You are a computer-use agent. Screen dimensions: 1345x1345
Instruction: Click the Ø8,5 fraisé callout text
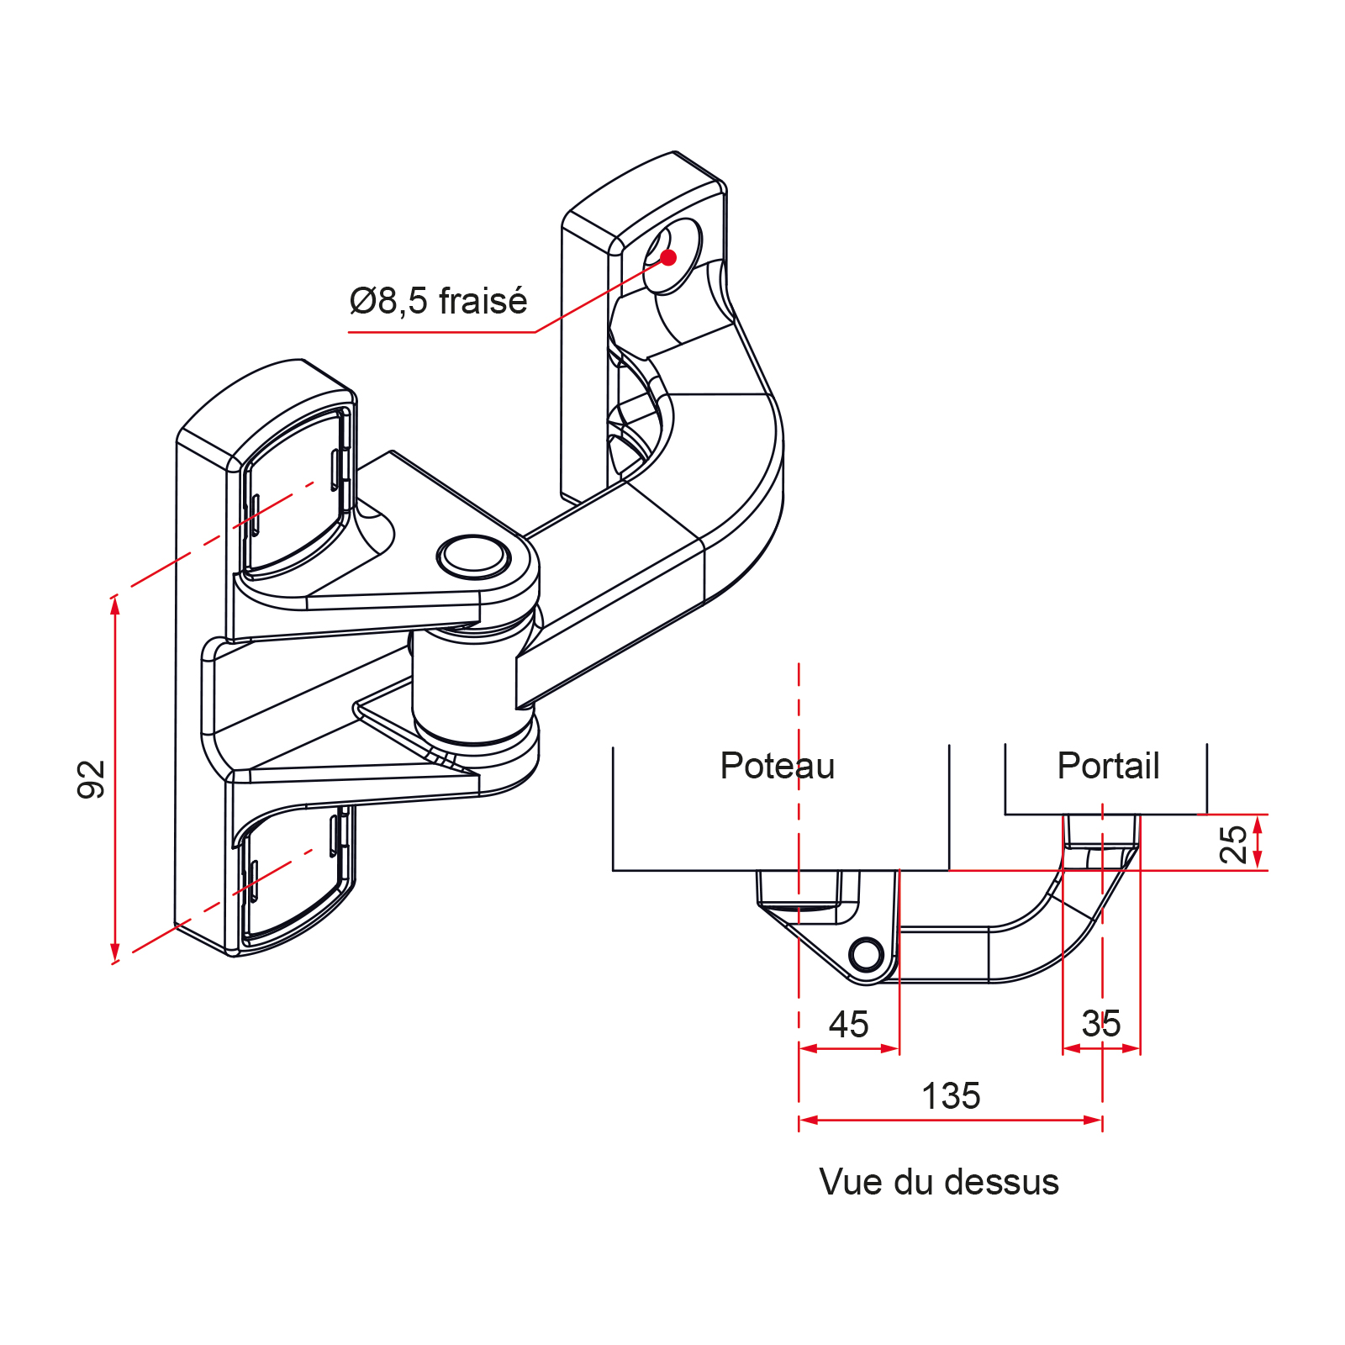tap(438, 301)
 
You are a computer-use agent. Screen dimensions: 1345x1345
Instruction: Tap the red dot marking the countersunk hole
tap(668, 257)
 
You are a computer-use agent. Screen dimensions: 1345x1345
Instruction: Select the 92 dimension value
tap(92, 778)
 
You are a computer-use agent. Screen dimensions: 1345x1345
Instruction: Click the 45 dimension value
tap(848, 1025)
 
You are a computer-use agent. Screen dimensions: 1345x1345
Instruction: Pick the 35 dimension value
tap(1101, 1024)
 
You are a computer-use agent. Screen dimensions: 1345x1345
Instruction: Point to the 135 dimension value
tap(951, 1096)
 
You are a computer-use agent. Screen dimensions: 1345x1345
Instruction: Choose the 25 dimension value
tap(1234, 844)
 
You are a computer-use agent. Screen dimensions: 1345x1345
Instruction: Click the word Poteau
tap(778, 766)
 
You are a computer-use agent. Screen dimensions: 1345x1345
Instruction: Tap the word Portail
tap(1108, 766)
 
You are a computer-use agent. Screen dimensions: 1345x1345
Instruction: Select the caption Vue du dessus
tap(939, 1182)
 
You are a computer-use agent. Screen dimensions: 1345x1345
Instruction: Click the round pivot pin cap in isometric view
tap(473, 556)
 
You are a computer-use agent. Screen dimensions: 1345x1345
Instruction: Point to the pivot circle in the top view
tap(866, 954)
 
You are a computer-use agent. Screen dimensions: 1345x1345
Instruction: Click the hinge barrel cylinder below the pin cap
tap(473, 685)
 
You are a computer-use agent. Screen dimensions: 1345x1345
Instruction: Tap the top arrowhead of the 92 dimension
tap(115, 604)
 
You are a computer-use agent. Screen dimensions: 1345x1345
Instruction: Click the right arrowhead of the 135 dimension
tap(1093, 1120)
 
